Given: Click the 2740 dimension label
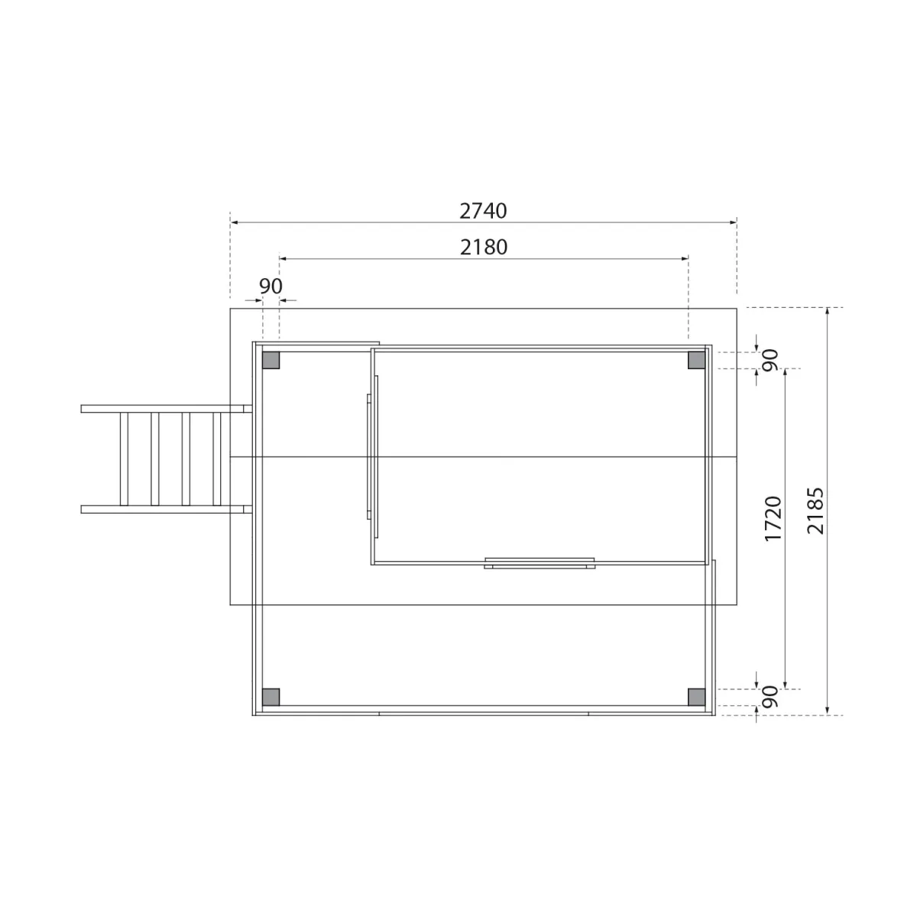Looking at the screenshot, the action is pos(483,211).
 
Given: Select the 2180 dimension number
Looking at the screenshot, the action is pos(484,247).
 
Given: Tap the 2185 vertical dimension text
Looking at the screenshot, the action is pos(815,510).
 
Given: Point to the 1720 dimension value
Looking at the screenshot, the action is pos(773,518).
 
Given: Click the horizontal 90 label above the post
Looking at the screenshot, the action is pos(271,286).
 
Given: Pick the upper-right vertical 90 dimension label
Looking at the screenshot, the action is pos(770,360).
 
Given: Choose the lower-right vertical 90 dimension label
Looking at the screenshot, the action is pos(770,697).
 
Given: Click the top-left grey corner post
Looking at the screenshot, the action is pos(271,360).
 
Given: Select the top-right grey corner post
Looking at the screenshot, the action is pos(697,360).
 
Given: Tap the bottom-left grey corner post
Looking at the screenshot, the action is pos(271,697).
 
